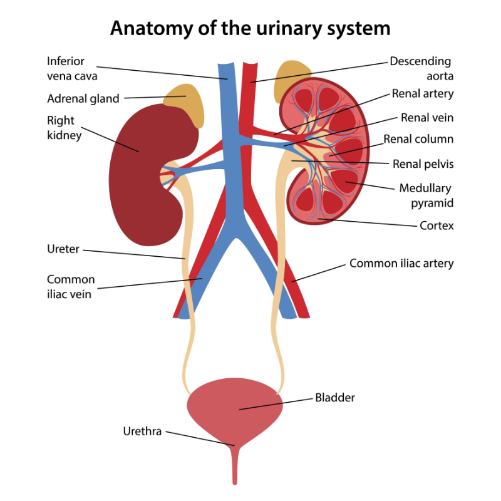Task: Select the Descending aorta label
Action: pyautogui.click(x=420, y=69)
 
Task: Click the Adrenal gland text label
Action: pyautogui.click(x=83, y=99)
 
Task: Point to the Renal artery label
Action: pyautogui.click(x=423, y=94)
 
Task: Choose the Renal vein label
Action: pyautogui.click(x=427, y=117)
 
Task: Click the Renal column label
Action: pyautogui.click(x=418, y=139)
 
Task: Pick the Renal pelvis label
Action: pyautogui.click(x=423, y=164)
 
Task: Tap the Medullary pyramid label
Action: pyautogui.click(x=425, y=195)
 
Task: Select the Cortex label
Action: pyautogui.click(x=436, y=225)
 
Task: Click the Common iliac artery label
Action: pyautogui.click(x=401, y=264)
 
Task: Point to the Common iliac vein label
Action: pyautogui.click(x=71, y=286)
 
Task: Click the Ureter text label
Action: pyautogui.click(x=63, y=249)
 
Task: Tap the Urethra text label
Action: pyautogui.click(x=142, y=431)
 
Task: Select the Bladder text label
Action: pyautogui.click(x=335, y=398)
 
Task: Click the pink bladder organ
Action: pyautogui.click(x=234, y=407)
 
